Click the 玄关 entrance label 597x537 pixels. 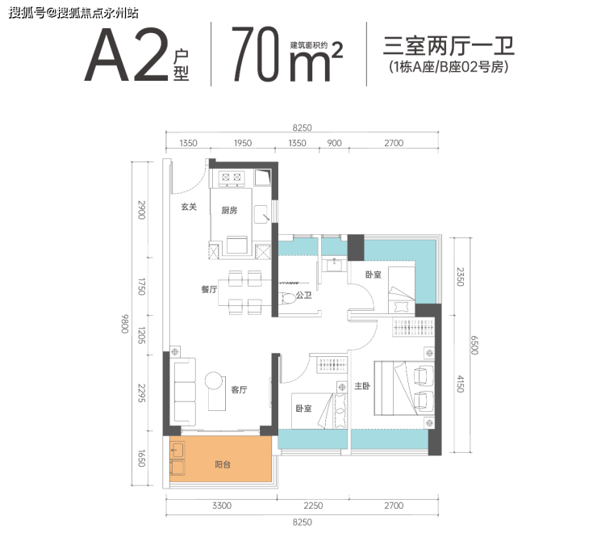(x=189, y=207)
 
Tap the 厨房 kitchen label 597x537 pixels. (x=229, y=210)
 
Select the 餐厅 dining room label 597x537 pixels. (x=209, y=289)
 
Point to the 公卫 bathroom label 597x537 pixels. (x=304, y=295)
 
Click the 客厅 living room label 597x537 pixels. (x=239, y=389)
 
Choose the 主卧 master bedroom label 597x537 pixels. (x=362, y=386)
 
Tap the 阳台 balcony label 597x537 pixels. (x=223, y=464)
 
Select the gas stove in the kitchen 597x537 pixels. (x=232, y=178)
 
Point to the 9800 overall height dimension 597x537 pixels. (x=125, y=324)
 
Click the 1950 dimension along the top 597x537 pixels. (x=243, y=143)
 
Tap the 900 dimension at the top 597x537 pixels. (x=334, y=143)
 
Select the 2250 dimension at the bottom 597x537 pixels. (x=313, y=506)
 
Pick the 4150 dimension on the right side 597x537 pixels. (x=461, y=384)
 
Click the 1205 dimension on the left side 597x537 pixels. (x=141, y=335)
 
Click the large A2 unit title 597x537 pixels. (x=127, y=55)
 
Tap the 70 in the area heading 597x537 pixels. (x=256, y=54)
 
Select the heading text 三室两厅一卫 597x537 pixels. (x=449, y=46)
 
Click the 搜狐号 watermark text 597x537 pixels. (x=27, y=13)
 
